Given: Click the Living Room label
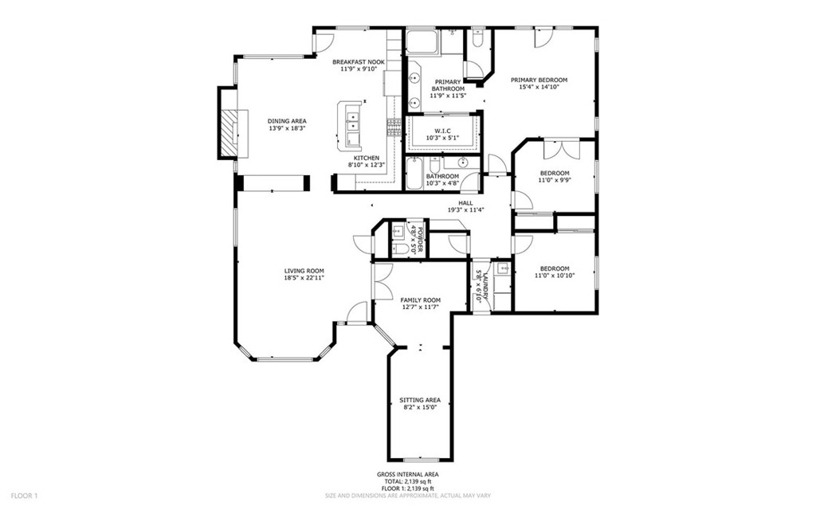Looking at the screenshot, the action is [304, 271].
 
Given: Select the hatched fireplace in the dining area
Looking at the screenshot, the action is [228, 133].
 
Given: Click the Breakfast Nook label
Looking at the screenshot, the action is [359, 62].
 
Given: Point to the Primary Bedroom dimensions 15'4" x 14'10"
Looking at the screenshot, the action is [539, 88].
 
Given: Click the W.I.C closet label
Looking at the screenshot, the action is [442, 131].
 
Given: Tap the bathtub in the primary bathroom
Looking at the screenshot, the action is [422, 42].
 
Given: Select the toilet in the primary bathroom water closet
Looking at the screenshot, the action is [477, 38].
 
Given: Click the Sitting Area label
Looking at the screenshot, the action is [420, 400].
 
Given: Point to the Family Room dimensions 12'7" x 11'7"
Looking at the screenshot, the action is [421, 307].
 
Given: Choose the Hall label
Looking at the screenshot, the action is [465, 203].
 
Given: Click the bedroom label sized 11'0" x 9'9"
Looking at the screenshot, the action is [555, 173].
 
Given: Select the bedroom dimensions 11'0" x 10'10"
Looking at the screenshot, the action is [555, 276].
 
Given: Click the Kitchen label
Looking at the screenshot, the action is [367, 159].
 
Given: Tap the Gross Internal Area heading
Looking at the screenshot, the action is [407, 475].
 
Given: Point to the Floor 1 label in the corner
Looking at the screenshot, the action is [25, 495].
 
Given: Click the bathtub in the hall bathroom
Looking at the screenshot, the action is [415, 173].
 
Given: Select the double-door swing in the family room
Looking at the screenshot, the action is [383, 281].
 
